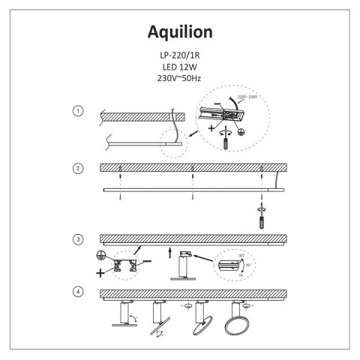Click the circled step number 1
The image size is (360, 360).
point(77,111)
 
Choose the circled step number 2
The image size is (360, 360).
point(77,168)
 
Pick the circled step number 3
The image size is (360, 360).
point(77,239)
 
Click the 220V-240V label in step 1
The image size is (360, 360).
point(248,97)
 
